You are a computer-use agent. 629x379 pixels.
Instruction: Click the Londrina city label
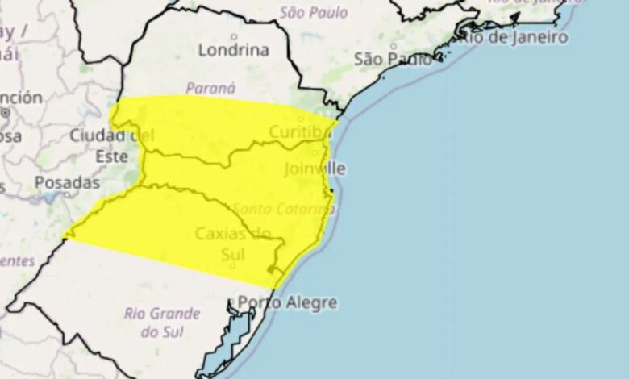pyautogui.click(x=234, y=50)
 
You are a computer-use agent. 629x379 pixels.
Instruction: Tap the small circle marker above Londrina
pyautogui.click(x=235, y=36)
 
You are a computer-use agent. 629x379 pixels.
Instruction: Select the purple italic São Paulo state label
pyautogui.click(x=314, y=12)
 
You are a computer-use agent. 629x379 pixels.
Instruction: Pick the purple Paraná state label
pyautogui.click(x=210, y=88)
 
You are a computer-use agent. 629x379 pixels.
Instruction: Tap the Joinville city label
pyautogui.click(x=314, y=169)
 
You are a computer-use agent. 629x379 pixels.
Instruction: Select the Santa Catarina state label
pyautogui.click(x=296, y=209)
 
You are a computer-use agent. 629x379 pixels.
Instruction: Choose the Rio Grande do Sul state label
pyautogui.click(x=161, y=322)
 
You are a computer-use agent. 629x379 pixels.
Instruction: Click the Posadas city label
pyautogui.click(x=67, y=183)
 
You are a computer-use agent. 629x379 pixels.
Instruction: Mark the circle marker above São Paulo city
pyautogui.click(x=394, y=46)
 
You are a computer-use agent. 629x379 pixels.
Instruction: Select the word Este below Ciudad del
pyautogui.click(x=112, y=156)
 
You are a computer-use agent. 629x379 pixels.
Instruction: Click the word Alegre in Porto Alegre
pyautogui.click(x=310, y=303)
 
